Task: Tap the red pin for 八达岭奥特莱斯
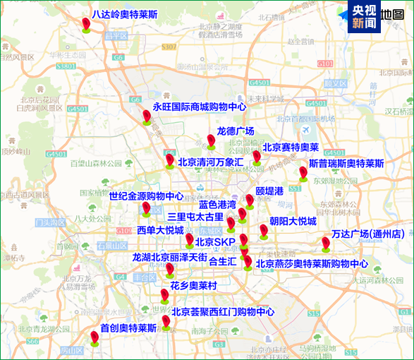86,25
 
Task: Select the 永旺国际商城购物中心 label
200,107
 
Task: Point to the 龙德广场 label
235,131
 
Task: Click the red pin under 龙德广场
211,140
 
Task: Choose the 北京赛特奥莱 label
291,148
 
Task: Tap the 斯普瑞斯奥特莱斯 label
346,163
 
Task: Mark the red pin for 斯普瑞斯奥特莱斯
303,172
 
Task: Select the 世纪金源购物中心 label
146,196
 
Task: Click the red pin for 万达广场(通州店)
326,244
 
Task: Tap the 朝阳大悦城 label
293,221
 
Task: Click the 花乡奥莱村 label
193,286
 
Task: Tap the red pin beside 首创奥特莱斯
95,337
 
